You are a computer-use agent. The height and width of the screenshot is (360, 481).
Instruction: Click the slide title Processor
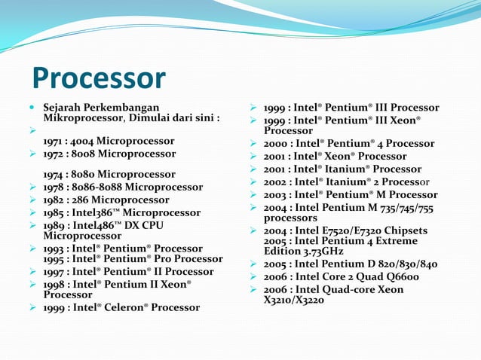[98, 78]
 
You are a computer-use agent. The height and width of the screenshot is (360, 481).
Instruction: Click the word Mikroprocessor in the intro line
[81, 118]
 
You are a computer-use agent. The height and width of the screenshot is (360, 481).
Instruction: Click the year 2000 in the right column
[276, 143]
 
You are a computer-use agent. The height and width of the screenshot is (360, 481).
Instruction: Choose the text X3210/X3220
[294, 299]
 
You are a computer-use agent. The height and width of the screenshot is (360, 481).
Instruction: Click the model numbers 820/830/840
[404, 264]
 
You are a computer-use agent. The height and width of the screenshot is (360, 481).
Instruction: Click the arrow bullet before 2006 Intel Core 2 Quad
[255, 276]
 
